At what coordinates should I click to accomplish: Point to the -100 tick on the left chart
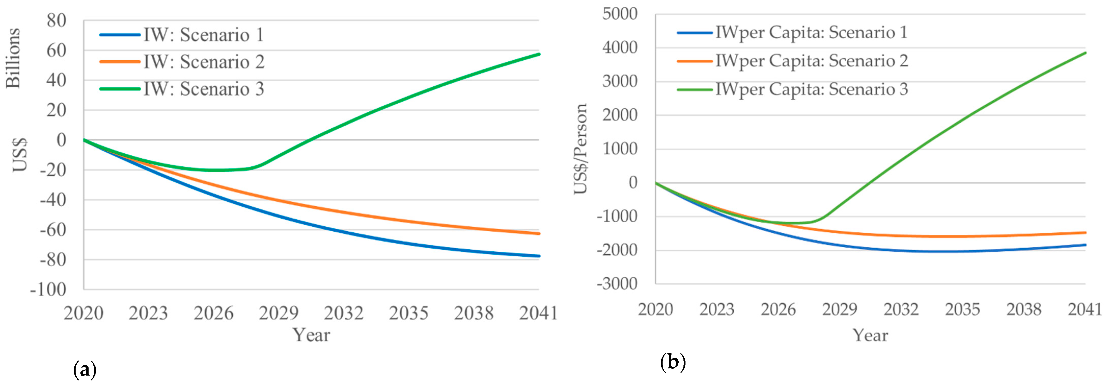click(48, 290)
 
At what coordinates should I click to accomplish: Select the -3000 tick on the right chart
click(617, 284)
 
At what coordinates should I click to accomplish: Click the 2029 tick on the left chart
click(279, 313)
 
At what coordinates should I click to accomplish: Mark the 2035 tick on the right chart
click(962, 309)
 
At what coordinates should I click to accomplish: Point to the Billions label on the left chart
click(13, 58)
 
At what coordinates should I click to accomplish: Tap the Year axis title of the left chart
click(311, 335)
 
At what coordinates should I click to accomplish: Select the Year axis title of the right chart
click(870, 335)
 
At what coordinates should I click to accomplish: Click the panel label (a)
click(85, 369)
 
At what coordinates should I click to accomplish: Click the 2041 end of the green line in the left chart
click(539, 54)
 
